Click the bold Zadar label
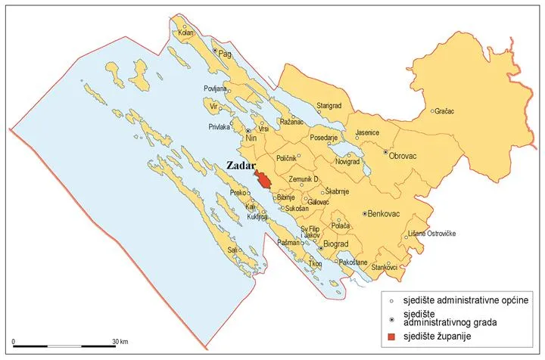[242, 166]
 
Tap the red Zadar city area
[263, 179]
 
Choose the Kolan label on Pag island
[186, 33]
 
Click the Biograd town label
[335, 247]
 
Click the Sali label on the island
[233, 249]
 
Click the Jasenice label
[367, 132]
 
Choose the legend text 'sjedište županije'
[440, 337]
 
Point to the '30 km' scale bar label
[118, 340]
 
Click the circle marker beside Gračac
[432, 112]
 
